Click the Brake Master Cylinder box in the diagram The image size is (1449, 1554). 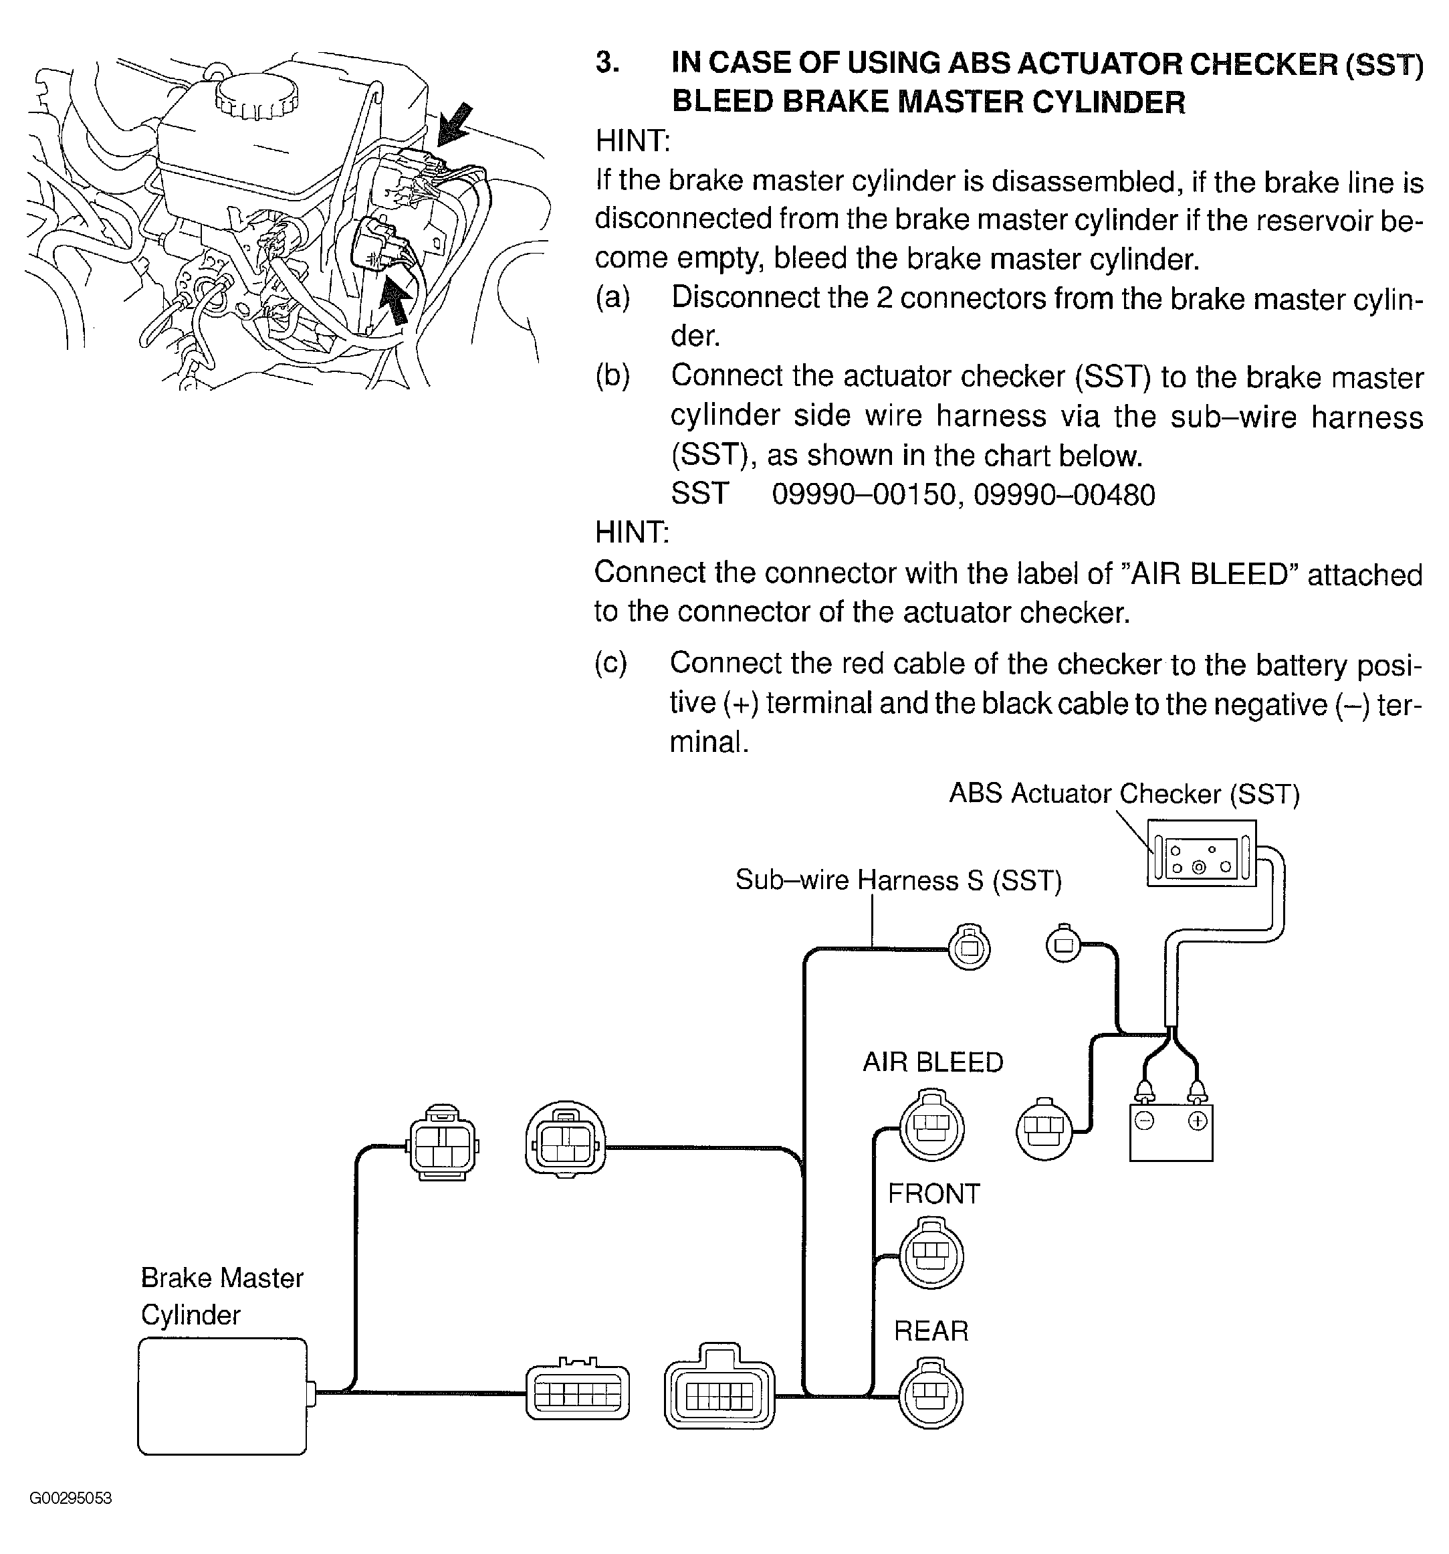[x=222, y=1396]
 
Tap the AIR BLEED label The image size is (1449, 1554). [x=932, y=1062]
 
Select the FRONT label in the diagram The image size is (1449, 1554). [x=933, y=1193]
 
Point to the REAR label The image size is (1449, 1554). [x=931, y=1331]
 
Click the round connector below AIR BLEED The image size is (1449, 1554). [x=931, y=1127]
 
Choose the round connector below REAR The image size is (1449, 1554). [x=931, y=1395]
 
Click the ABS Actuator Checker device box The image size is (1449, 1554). [x=1201, y=853]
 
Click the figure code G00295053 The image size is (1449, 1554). [x=70, y=1498]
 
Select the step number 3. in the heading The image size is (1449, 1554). [x=607, y=62]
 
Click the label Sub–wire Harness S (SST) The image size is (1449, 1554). [x=899, y=880]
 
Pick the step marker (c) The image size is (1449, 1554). [x=610, y=663]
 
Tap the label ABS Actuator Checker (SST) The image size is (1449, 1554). [x=1125, y=793]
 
